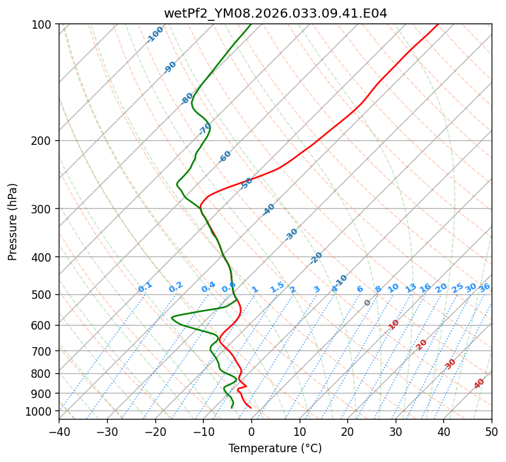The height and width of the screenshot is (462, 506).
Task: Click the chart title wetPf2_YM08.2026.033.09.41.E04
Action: (x=275, y=13)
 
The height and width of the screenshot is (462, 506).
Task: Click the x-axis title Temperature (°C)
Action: (x=275, y=448)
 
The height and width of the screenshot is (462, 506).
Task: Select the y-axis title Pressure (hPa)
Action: (x=13, y=222)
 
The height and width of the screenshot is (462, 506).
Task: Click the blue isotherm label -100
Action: (x=155, y=34)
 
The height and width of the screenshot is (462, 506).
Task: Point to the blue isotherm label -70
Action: (x=205, y=129)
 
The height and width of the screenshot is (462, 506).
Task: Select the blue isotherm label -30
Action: (x=291, y=234)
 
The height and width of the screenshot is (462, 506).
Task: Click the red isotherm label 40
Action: (x=479, y=384)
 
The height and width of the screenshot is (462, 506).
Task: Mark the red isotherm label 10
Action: (x=394, y=324)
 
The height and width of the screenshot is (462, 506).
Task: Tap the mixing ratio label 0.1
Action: (x=145, y=286)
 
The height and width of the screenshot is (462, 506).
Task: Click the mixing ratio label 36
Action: (x=484, y=287)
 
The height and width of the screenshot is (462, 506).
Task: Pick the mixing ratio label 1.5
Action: (x=277, y=286)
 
